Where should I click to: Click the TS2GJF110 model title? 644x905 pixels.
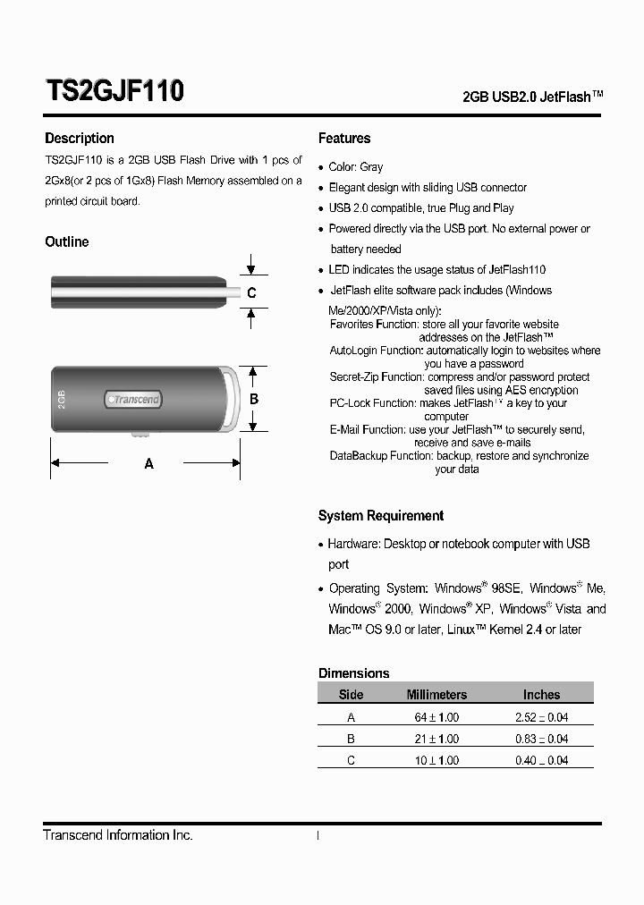114,91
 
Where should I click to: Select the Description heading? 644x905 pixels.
80,139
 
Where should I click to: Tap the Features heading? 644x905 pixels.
344,139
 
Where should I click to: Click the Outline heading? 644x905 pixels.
67,242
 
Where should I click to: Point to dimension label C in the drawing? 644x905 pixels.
252,293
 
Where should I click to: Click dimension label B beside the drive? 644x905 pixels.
254,399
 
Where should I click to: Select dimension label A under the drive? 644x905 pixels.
149,464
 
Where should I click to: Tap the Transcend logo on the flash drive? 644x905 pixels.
133,400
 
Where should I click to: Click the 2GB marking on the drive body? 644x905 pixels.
62,399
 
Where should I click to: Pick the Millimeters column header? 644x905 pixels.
436,695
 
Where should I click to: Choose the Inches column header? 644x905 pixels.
541,695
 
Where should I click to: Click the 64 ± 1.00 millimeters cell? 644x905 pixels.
436,717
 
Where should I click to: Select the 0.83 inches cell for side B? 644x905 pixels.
541,739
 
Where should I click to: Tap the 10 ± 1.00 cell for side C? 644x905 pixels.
436,760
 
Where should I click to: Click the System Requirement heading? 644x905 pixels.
381,516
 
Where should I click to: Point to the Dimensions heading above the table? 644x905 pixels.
354,673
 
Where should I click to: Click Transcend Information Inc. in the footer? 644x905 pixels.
118,835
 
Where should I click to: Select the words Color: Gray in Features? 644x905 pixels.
356,167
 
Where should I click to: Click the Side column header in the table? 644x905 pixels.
352,695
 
